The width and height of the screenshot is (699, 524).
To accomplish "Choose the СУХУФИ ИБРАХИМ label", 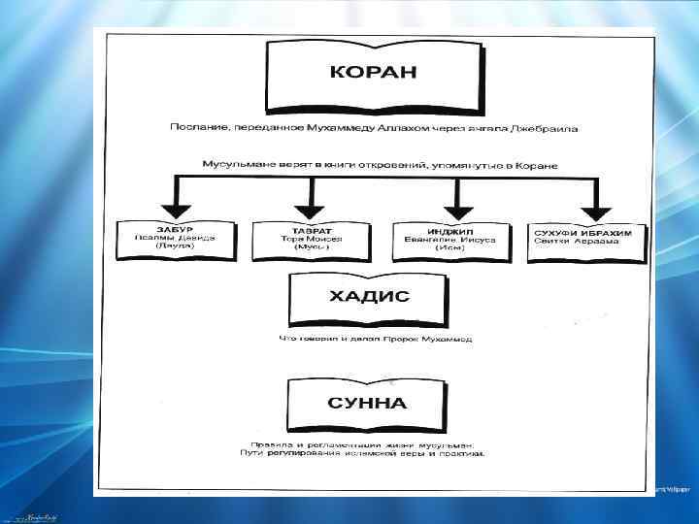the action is tap(577, 232).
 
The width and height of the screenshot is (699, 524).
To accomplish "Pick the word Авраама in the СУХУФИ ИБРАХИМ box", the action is tap(589, 241).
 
